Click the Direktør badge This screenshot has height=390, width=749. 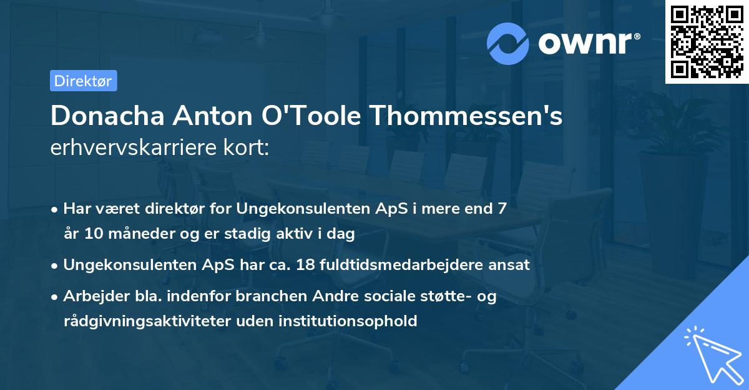click(83, 81)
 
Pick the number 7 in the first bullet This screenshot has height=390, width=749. click(502, 209)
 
